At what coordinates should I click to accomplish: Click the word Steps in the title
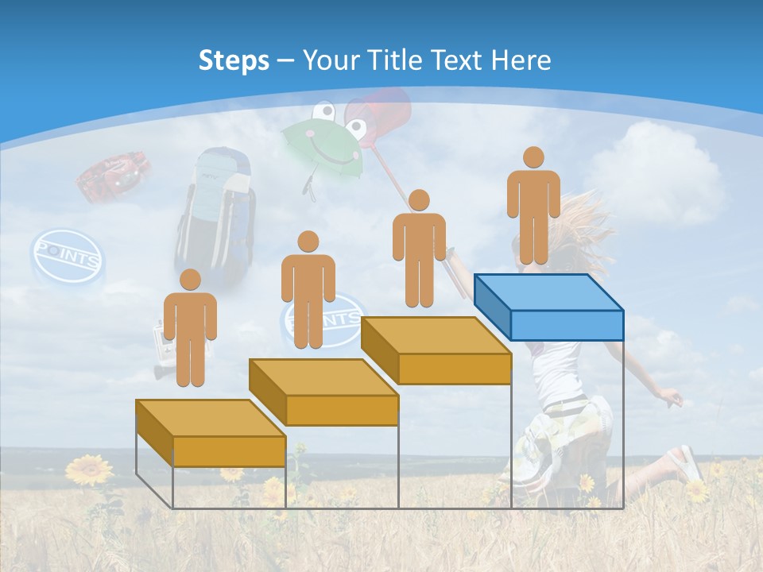234,60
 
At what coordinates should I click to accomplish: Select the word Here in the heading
521,60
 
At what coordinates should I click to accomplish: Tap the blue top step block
548,306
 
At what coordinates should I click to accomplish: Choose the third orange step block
436,350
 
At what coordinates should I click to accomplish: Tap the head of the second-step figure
308,242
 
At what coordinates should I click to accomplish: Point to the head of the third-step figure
419,200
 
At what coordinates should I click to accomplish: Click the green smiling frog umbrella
322,143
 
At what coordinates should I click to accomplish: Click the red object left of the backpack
114,177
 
